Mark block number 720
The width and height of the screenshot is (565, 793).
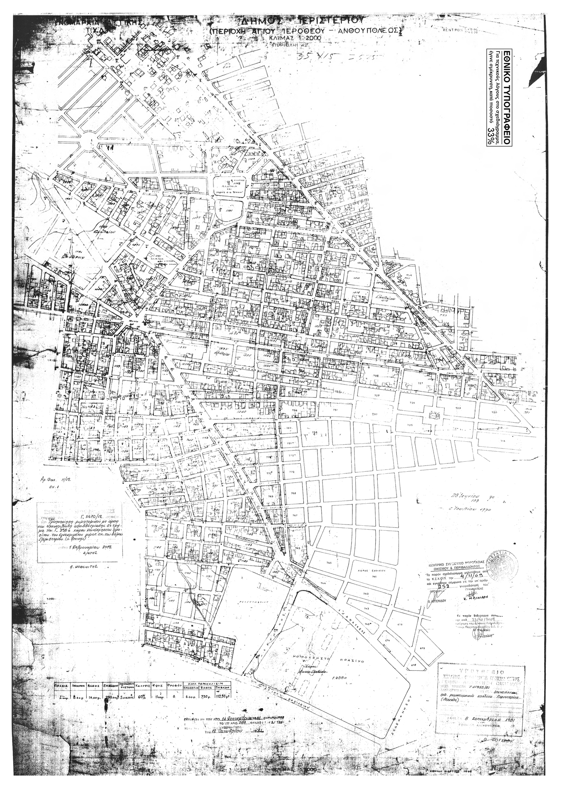pos(494,412)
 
